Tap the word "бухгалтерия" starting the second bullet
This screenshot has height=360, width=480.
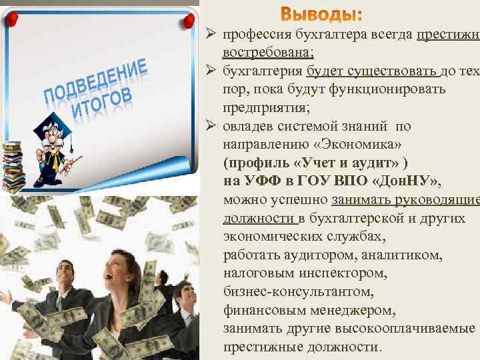[263, 71]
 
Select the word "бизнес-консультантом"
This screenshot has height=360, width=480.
[299, 292]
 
